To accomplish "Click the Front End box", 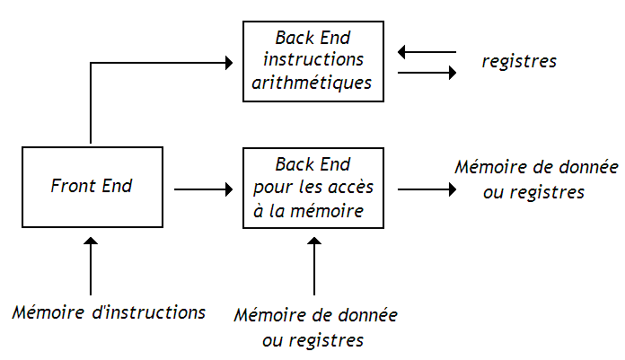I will (x=91, y=187).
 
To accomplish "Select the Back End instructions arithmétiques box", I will (x=312, y=61).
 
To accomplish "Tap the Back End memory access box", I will (x=312, y=188).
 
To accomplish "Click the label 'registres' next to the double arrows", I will (x=519, y=62).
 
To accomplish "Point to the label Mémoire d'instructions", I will (x=109, y=312).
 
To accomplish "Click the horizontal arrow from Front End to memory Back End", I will (x=203, y=189).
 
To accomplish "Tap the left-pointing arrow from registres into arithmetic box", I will (x=427, y=52).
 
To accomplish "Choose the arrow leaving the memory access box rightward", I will (x=427, y=189).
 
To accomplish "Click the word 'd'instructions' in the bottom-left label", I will (x=151, y=312).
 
